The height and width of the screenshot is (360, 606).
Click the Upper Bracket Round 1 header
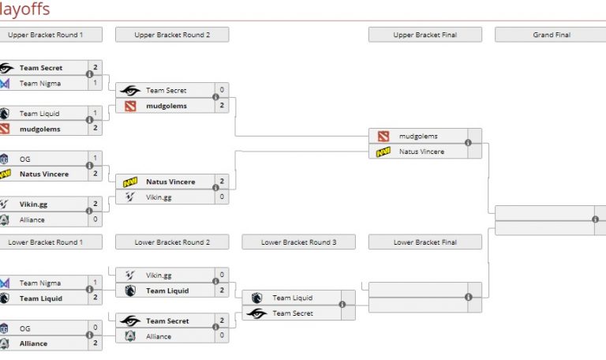coord(45,35)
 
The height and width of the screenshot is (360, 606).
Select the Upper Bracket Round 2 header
coord(172,35)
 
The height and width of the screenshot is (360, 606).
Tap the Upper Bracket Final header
coord(425,35)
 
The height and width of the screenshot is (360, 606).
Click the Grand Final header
coord(552,35)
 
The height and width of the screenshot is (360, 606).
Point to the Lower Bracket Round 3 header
coord(298,242)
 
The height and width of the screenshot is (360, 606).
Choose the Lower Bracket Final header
coord(425,242)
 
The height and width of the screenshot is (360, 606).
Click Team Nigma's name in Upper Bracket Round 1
coord(40,83)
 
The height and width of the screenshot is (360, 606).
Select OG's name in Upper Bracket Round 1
coord(25,159)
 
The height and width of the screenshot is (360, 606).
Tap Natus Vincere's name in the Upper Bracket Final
coord(421,152)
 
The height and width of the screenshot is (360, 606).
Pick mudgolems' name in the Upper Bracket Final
coord(418,136)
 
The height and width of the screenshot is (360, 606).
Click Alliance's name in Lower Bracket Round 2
coord(159,336)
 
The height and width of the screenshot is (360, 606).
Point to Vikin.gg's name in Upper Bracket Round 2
coord(158,197)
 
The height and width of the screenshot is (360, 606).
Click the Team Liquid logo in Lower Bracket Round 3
coord(257,298)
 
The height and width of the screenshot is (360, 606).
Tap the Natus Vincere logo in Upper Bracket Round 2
coord(130,182)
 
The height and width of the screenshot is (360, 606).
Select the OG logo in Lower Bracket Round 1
coord(5,328)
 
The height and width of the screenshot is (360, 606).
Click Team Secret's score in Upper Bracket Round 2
coord(222,90)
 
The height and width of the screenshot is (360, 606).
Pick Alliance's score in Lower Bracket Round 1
coord(95,343)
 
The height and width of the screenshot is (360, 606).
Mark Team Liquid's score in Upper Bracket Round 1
coord(95,113)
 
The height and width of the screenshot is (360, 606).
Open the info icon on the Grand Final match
coord(595,219)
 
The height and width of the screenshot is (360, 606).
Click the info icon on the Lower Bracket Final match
coord(468,297)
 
